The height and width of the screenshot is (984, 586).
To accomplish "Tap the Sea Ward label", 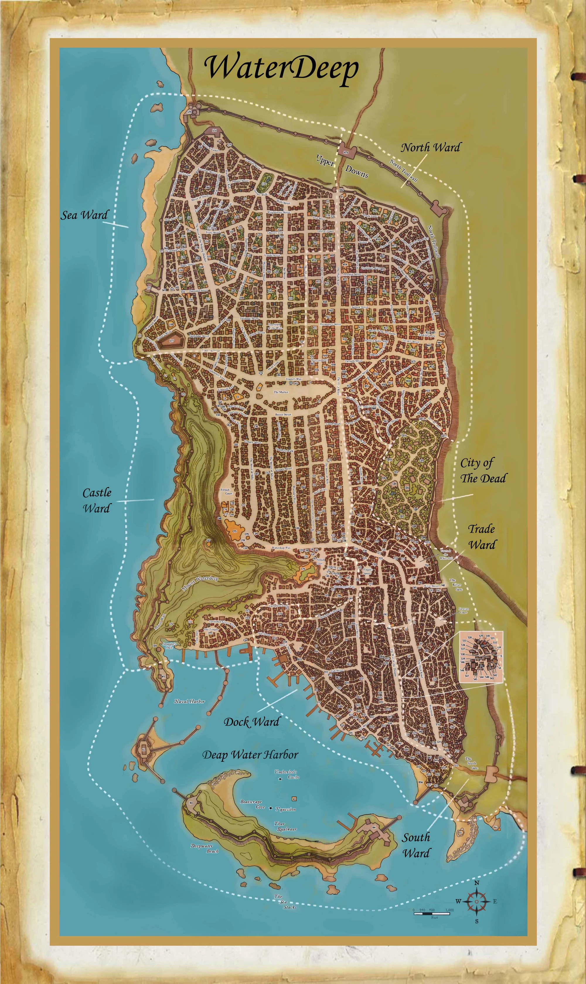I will click(84, 215).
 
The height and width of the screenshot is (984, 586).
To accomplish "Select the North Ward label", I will click(430, 148).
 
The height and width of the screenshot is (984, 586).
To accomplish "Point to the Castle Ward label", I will click(97, 500).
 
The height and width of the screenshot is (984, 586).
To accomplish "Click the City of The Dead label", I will click(483, 470).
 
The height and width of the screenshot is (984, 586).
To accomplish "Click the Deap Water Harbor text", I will click(250, 755).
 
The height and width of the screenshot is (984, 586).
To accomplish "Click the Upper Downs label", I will click(342, 166).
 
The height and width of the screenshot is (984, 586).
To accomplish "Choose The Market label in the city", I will click(281, 392).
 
